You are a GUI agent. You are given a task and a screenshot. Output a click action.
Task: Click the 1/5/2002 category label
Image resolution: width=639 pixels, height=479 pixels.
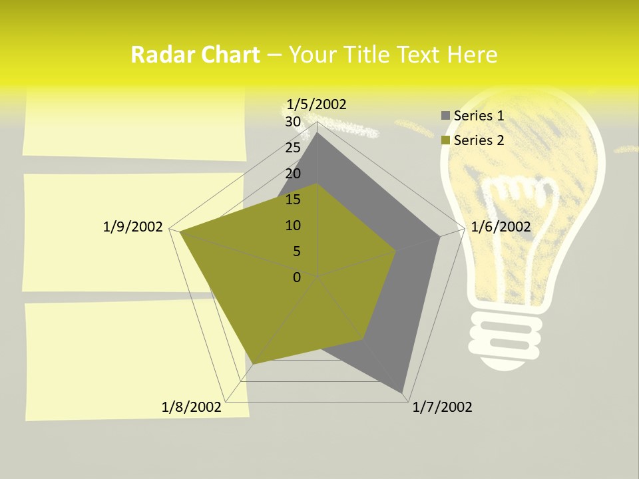[x=317, y=104]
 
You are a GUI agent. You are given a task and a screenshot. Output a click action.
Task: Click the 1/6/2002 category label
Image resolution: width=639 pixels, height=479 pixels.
[x=501, y=227]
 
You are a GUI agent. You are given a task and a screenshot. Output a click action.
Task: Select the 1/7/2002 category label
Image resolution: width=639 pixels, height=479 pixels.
[x=442, y=407]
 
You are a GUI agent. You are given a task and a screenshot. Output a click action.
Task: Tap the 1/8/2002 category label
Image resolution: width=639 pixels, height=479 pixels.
[x=192, y=407]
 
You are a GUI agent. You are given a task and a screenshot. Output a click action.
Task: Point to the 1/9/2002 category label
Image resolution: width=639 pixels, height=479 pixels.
[x=133, y=227]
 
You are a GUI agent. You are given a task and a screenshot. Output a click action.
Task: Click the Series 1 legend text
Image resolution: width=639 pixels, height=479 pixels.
[x=479, y=116]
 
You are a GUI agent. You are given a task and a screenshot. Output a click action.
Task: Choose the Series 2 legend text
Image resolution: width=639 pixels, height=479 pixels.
[x=479, y=140]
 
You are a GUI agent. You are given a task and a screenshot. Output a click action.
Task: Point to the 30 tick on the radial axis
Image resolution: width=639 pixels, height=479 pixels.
[x=293, y=122]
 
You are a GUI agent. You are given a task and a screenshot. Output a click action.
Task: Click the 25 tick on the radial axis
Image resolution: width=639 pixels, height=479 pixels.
[x=293, y=148]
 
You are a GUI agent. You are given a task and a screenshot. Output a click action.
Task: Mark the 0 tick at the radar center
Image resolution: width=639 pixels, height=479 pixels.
[x=297, y=277]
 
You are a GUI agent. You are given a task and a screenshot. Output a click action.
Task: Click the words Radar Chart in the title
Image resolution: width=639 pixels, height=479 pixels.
[x=195, y=55]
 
